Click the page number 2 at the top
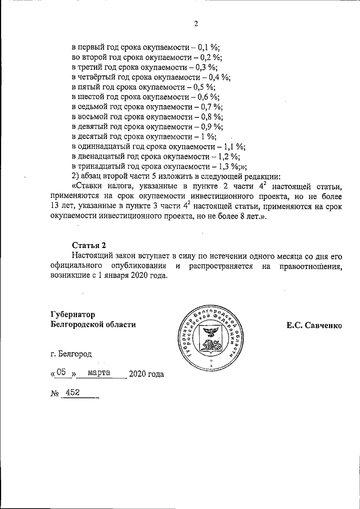click(x=196, y=24)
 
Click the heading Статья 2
click(x=89, y=245)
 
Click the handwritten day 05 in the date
click(x=62, y=372)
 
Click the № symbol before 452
click(x=55, y=394)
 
